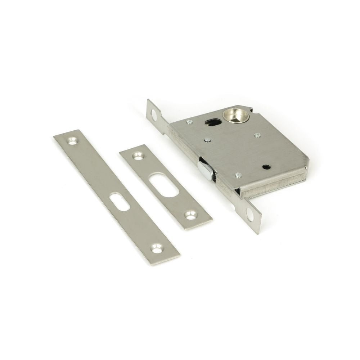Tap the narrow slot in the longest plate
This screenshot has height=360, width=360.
point(120,202)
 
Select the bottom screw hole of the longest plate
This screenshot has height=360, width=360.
point(156,248)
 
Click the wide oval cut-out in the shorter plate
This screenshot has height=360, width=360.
point(164,185)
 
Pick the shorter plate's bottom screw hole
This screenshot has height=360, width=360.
point(190,215)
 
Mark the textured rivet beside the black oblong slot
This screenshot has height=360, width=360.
point(190,122)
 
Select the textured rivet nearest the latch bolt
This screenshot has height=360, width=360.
point(238,175)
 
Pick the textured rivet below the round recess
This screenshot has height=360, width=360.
point(257,135)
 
